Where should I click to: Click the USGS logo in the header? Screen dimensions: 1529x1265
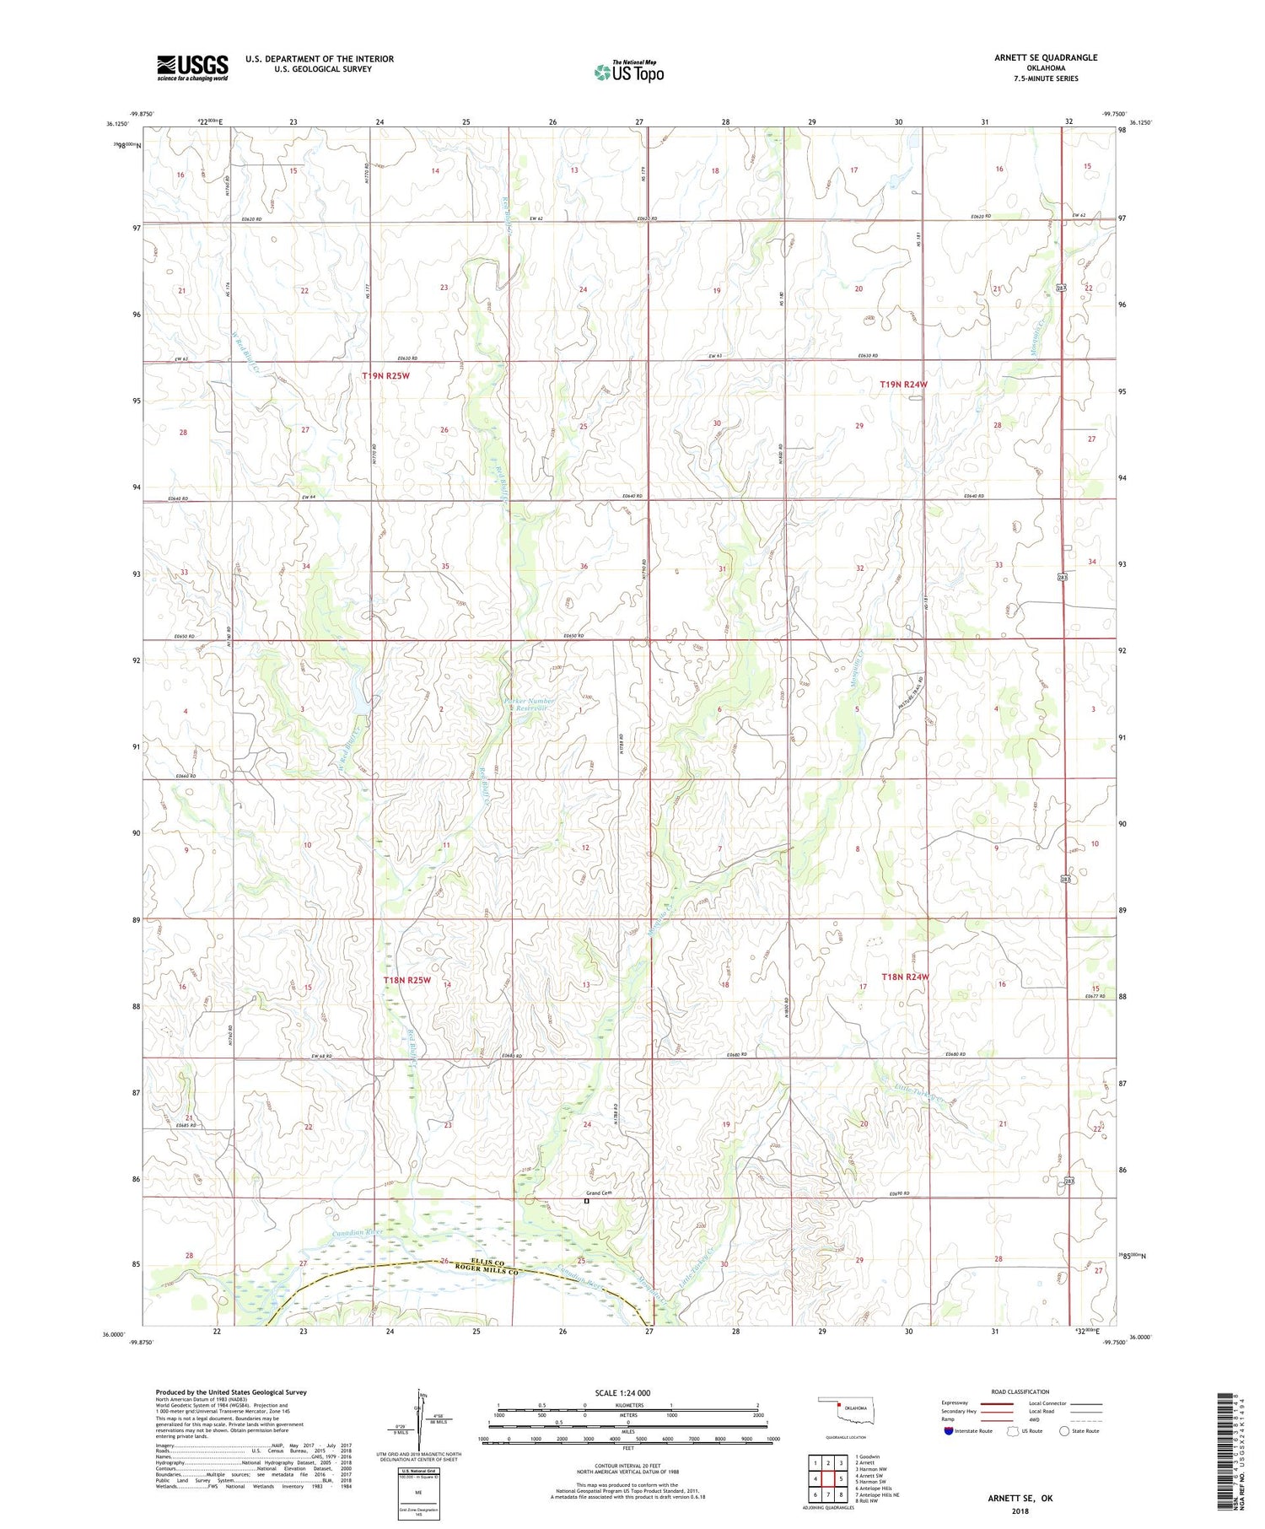point(192,67)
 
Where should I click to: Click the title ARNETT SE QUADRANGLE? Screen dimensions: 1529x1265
point(1046,57)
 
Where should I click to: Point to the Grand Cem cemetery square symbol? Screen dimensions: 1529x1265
point(587,1202)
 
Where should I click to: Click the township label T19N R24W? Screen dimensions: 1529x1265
point(903,385)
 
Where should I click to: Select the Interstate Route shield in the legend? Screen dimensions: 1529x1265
point(949,1431)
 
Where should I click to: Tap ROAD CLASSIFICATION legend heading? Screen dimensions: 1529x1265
point(1020,1392)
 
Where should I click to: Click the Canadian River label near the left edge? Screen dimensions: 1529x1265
point(358,1232)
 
